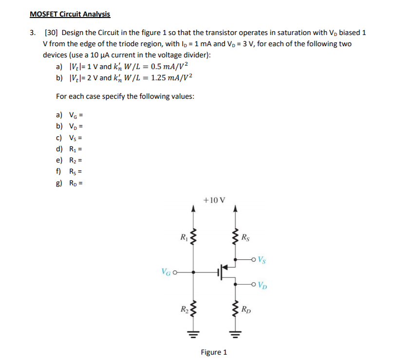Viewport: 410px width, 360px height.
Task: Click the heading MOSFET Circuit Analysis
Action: [70, 14]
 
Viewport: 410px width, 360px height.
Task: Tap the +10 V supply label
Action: [215, 200]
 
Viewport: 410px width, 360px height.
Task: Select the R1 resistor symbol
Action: [194, 238]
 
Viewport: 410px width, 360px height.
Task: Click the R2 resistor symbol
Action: [194, 308]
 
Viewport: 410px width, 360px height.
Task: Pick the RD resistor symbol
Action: [236, 308]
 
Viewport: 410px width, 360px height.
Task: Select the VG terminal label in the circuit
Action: [166, 272]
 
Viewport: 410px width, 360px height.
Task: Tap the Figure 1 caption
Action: [214, 352]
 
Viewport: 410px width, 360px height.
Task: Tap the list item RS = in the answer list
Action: [68, 171]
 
